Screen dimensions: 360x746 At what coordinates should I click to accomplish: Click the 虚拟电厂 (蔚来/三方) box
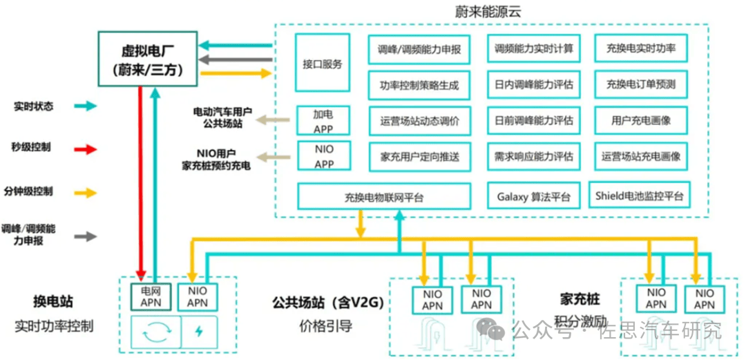point(146,59)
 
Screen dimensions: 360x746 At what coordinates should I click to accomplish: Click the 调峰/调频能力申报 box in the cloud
point(419,50)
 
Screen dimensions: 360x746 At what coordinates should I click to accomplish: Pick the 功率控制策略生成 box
point(419,86)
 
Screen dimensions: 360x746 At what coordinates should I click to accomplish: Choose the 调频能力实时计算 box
point(533,50)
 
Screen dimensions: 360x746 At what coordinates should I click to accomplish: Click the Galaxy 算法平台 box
point(533,197)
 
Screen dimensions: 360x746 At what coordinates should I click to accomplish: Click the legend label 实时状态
point(33,106)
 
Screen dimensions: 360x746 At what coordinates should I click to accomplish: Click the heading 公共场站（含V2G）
point(327,302)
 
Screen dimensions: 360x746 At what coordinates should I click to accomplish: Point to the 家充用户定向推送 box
point(419,155)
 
